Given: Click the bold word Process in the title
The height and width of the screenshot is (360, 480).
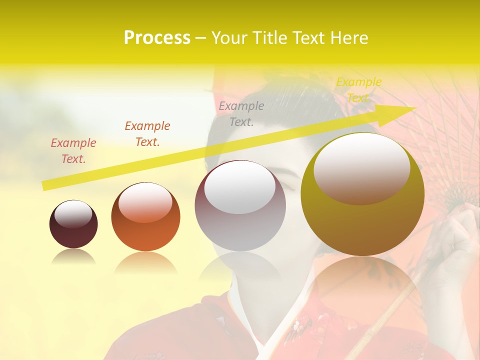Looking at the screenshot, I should point(157,38).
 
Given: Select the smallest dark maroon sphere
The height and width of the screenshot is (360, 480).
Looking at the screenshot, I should point(73,224).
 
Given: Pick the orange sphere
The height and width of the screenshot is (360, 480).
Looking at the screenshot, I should point(145,217).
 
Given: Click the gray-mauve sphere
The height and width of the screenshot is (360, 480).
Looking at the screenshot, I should point(240,206).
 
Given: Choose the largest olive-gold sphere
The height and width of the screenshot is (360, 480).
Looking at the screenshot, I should point(362,194).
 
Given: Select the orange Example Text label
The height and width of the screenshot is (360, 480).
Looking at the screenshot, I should point(147,134).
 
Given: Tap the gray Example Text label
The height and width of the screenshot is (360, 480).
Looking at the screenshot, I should point(241,114).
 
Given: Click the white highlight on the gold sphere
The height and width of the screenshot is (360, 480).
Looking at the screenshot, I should point(361,167).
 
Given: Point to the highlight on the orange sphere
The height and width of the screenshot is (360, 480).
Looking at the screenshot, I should point(145,202).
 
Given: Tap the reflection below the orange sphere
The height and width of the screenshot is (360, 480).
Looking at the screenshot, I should point(145,262).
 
